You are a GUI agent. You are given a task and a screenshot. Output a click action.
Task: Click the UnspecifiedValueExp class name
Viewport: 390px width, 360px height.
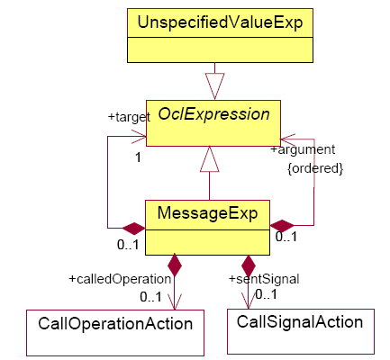pyautogui.click(x=220, y=22)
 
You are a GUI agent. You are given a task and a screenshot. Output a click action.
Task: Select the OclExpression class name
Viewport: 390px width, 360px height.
pyautogui.click(x=213, y=114)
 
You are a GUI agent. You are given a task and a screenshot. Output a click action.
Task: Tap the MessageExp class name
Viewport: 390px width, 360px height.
pyautogui.click(x=207, y=213)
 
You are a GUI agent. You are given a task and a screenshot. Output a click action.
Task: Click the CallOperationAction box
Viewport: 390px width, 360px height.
pyautogui.click(x=115, y=333)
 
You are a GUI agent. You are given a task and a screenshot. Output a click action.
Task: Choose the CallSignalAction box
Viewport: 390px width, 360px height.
pyautogui.click(x=301, y=331)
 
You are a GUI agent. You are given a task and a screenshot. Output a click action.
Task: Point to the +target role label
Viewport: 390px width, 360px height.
pyautogui.click(x=129, y=117)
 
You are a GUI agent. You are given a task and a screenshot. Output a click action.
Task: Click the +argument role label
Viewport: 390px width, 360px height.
pyautogui.click(x=303, y=150)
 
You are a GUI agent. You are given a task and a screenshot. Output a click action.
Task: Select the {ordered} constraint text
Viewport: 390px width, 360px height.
pyautogui.click(x=315, y=168)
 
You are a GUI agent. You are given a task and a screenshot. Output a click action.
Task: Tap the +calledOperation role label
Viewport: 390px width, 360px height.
pyautogui.click(x=120, y=279)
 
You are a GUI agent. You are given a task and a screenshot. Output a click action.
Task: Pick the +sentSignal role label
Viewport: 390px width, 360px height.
pyautogui.click(x=264, y=279)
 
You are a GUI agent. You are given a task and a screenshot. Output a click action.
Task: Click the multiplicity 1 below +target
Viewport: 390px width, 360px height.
pyautogui.click(x=138, y=157)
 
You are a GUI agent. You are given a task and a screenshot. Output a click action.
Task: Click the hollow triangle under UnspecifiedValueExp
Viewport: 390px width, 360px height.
pyautogui.click(x=214, y=86)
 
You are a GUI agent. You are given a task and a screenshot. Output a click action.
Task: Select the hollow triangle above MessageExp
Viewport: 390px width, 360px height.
pyautogui.click(x=210, y=159)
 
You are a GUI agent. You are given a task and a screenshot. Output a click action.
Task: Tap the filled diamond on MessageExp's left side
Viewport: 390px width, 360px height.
pyautogui.click(x=134, y=229)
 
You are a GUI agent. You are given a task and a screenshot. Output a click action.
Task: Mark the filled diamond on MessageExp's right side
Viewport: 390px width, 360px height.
pyautogui.click(x=282, y=226)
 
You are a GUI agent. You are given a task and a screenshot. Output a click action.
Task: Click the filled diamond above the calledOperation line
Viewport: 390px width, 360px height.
pyautogui.click(x=175, y=265)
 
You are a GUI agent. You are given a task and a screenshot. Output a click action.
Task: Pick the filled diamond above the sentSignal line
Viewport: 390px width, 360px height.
pyautogui.click(x=249, y=265)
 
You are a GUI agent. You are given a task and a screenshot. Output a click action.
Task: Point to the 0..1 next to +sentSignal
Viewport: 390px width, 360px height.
pyautogui.click(x=267, y=294)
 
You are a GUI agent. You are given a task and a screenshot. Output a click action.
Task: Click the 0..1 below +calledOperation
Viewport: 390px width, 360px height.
pyautogui.click(x=151, y=297)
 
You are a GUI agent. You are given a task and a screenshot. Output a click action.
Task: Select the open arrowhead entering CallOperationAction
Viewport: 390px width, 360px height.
pyautogui.click(x=175, y=301)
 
